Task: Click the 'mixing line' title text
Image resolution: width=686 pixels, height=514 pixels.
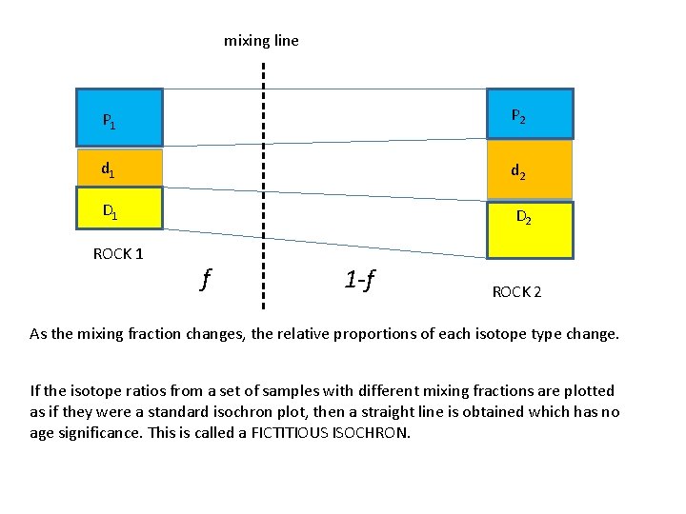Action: (261, 41)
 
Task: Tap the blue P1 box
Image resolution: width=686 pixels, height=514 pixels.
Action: (120, 117)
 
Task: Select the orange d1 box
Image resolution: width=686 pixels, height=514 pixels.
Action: (120, 168)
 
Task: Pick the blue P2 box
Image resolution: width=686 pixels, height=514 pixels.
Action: (530, 114)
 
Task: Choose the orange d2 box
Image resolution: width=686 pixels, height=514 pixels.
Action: (530, 169)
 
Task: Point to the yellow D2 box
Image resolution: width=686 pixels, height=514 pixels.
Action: (530, 229)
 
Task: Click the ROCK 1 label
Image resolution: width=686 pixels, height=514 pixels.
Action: (119, 254)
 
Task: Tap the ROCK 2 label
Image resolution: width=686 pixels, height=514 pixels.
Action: (516, 292)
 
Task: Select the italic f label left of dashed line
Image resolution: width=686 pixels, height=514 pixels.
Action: (205, 279)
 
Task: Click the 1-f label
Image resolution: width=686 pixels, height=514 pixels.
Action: (360, 280)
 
